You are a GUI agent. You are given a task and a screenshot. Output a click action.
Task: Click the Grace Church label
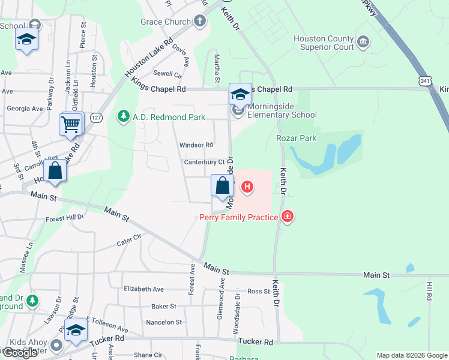(x=164, y=22)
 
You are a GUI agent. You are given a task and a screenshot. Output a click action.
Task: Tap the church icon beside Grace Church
(x=200, y=22)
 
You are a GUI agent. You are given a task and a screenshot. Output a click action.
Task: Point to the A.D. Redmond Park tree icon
(x=124, y=116)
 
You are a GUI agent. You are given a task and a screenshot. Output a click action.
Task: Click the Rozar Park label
(x=296, y=138)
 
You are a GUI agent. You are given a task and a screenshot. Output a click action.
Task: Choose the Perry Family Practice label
(x=238, y=217)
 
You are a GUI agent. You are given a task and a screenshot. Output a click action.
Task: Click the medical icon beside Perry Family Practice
(x=288, y=216)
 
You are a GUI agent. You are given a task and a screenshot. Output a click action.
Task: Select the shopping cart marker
(x=71, y=125)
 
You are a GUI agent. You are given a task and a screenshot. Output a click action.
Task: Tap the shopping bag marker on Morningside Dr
(x=222, y=185)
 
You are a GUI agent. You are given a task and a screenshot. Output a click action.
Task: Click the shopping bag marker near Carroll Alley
(x=55, y=170)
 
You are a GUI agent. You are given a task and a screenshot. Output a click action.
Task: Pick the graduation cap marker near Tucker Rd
(x=76, y=332)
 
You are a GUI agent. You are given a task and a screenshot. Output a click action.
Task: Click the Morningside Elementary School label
(x=282, y=110)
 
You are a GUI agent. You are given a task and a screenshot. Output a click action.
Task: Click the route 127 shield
(x=95, y=118)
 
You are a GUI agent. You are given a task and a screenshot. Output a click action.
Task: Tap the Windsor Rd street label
(x=196, y=145)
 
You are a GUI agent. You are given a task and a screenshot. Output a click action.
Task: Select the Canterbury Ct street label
(x=204, y=162)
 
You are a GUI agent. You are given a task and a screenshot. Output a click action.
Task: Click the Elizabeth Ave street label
(x=143, y=289)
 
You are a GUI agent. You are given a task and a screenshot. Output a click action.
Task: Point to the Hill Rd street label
(x=429, y=292)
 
